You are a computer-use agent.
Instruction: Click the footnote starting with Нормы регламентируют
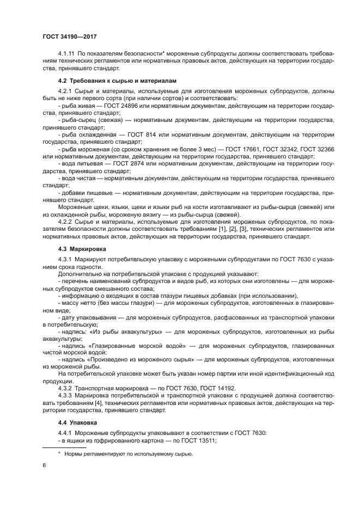(129, 453)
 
